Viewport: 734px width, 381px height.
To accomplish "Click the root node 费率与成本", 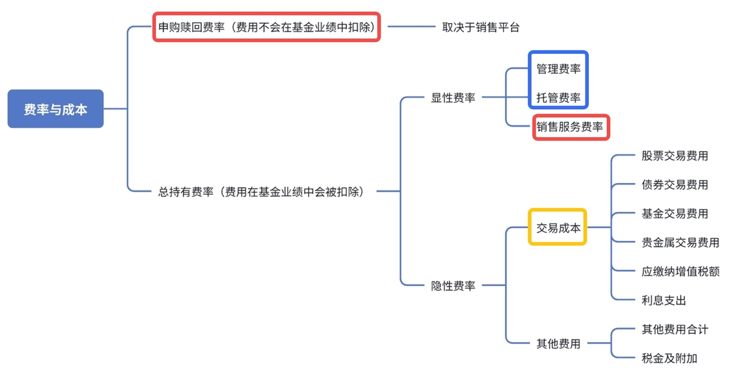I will pyautogui.click(x=55, y=109).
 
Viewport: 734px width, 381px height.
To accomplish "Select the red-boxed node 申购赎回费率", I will pyautogui.click(x=267, y=26).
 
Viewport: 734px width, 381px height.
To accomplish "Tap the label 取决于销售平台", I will pyautogui.click(x=481, y=27).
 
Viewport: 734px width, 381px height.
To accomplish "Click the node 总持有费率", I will pyautogui.click(x=261, y=191).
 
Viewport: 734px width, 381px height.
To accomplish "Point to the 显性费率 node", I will pyautogui.click(x=453, y=98).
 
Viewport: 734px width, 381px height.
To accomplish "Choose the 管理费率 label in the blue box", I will pyautogui.click(x=558, y=69).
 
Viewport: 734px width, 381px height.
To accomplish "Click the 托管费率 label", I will pyautogui.click(x=558, y=98).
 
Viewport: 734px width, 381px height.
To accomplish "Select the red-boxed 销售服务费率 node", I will pyautogui.click(x=570, y=127).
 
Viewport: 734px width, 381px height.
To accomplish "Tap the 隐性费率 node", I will pyautogui.click(x=453, y=285).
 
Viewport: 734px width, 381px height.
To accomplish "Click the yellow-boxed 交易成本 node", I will pyautogui.click(x=557, y=227).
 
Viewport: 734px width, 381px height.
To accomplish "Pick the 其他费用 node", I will pyautogui.click(x=558, y=344).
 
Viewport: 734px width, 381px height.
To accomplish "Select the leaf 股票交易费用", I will pyautogui.click(x=674, y=155).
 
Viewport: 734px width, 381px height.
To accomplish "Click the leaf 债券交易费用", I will pyautogui.click(x=674, y=184).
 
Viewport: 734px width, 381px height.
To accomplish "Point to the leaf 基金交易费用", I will pyautogui.click(x=674, y=213).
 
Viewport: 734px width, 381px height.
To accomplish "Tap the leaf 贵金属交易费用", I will pyautogui.click(x=680, y=242).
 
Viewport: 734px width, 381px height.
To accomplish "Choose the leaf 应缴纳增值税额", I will pyautogui.click(x=680, y=271).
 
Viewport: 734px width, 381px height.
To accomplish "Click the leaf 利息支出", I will pyautogui.click(x=663, y=300).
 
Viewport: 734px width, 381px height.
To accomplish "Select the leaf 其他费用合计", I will pyautogui.click(x=674, y=329).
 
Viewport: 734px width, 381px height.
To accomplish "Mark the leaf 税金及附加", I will pyautogui.click(x=669, y=359).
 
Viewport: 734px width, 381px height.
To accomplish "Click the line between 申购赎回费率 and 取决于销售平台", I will pyautogui.click(x=411, y=27).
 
